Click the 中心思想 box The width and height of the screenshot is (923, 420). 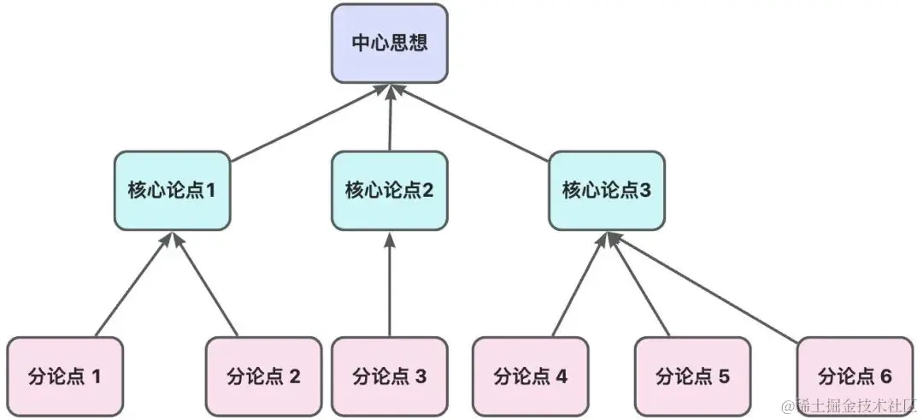coord(390,43)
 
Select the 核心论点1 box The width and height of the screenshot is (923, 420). coord(172,190)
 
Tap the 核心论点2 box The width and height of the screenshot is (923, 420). coord(390,190)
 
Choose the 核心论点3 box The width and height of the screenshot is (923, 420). coord(607,190)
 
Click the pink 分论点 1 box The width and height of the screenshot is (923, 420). coord(65,376)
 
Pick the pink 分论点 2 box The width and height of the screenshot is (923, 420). coord(264,376)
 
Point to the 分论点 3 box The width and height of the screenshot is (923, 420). coord(390,376)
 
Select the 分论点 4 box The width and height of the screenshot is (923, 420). coord(531,376)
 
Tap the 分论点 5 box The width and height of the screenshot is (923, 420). coord(692,376)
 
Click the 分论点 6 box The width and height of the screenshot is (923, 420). coord(855,376)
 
